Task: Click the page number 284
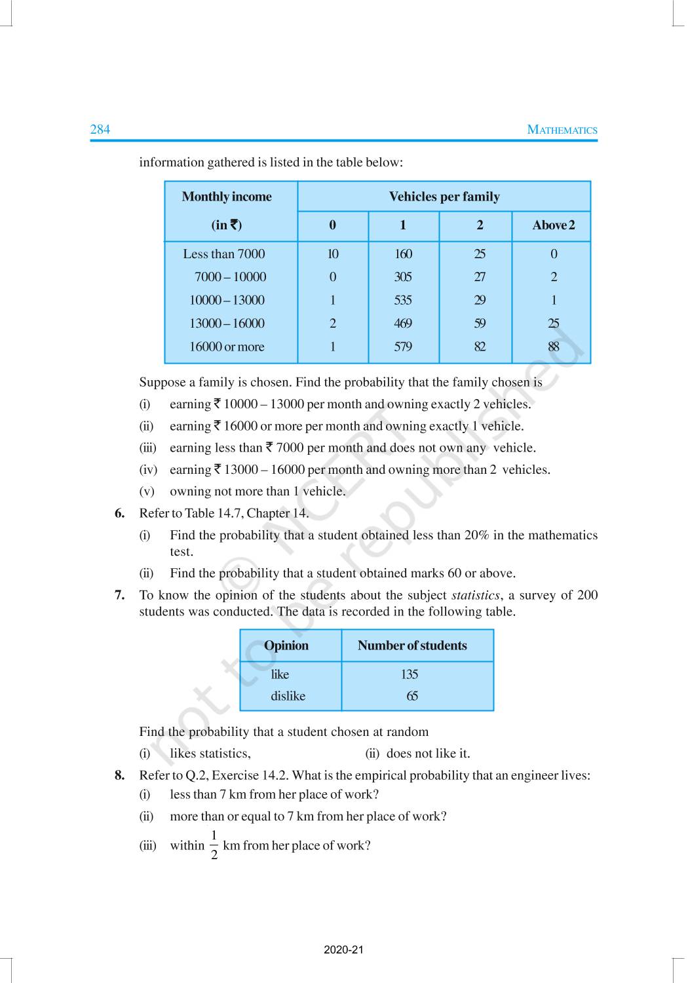100,129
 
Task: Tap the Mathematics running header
562,130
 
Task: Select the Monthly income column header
227,197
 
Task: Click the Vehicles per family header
444,197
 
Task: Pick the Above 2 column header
553,225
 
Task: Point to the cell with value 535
403,300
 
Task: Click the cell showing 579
403,347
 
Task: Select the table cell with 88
554,347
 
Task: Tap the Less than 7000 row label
224,254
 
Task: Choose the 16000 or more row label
227,347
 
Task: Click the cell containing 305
403,277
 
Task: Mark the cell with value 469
403,324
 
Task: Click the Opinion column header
286,646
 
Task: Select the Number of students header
412,646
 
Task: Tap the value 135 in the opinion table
410,674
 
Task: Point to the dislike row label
288,696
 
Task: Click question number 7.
119,595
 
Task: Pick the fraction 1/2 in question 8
214,845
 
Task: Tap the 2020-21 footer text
343,950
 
